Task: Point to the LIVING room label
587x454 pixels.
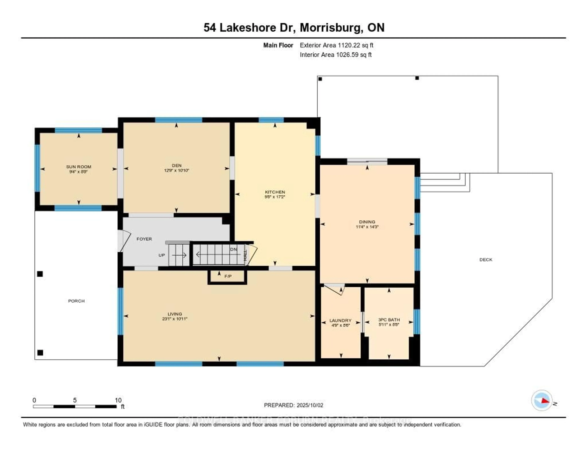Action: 175,314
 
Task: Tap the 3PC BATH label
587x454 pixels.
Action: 389,320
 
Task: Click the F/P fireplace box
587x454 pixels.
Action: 227,277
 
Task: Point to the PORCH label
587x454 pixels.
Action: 76,301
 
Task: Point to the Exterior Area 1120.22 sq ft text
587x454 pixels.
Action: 336,45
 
